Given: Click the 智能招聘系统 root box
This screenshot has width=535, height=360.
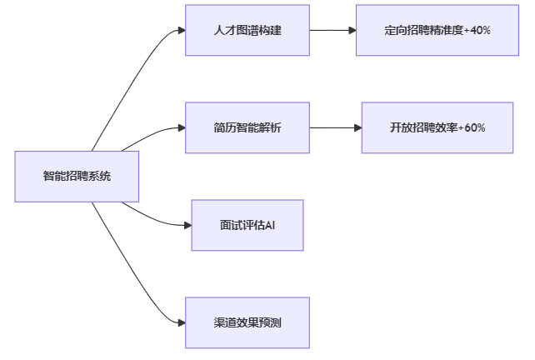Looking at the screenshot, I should click(77, 177).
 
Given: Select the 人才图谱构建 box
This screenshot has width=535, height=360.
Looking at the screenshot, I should click(247, 30).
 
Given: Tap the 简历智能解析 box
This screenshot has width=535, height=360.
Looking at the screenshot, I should click(247, 127).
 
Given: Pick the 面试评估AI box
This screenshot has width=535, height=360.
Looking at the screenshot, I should click(247, 225).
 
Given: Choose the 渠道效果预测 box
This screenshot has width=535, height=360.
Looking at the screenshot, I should click(247, 322).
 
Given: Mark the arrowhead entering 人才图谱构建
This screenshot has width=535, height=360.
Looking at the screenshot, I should click(181, 31).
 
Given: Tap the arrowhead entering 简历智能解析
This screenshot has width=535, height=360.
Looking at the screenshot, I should click(181, 127).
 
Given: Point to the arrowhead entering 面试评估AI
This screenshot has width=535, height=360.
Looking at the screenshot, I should click(187, 225).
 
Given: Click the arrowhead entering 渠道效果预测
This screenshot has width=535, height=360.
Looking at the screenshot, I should click(181, 322).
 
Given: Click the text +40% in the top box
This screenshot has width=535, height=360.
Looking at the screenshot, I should click(477, 30).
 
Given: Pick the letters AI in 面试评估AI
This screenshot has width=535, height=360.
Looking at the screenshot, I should click(270, 225).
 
